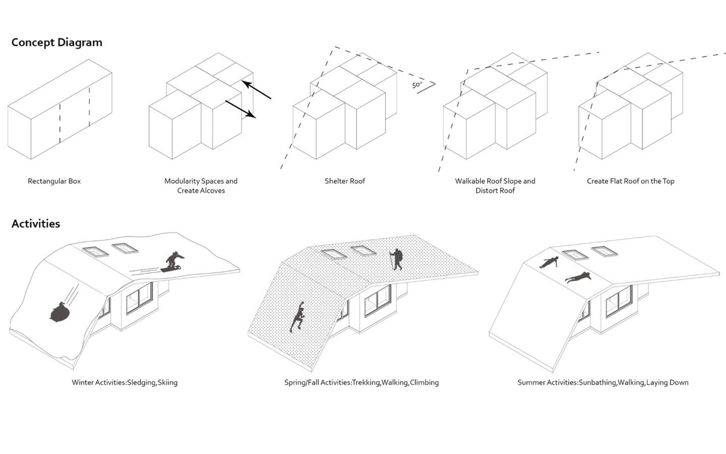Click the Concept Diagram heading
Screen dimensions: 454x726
56,42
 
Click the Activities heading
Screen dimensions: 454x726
36,224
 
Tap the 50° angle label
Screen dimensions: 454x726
417,85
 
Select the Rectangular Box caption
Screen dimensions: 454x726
54,181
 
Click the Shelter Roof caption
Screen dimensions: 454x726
345,181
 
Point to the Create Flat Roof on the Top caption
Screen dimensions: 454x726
630,181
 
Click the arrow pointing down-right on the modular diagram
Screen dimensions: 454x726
241,109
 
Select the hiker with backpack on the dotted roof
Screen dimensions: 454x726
397,259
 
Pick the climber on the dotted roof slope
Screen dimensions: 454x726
298,317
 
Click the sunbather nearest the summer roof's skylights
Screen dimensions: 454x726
549,262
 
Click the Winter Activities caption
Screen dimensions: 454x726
124,382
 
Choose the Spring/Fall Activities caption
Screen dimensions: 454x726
361,382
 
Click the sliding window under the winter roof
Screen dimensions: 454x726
139,298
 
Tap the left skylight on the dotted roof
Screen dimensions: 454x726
333,254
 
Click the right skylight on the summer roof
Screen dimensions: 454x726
604,251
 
